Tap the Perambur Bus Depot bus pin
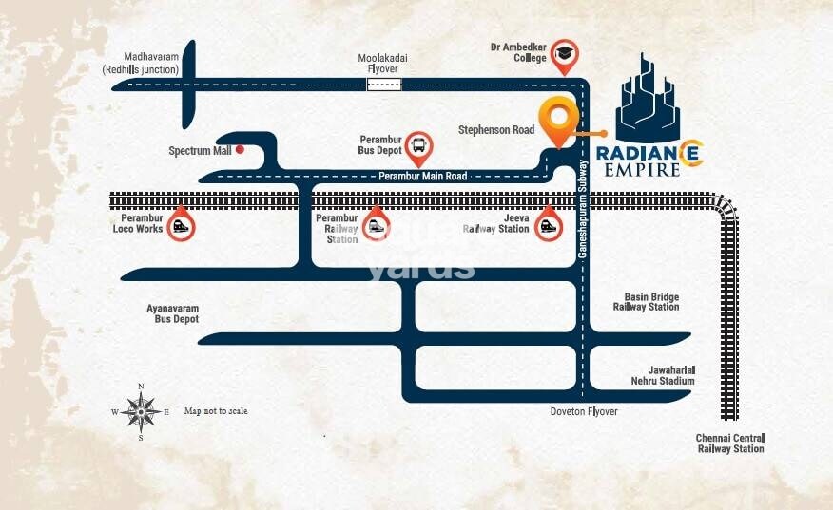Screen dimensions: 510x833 click(418, 146)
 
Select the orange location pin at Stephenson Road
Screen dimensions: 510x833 click(558, 120)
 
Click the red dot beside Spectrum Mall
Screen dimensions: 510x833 click(241, 149)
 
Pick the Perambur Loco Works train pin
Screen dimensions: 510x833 click(181, 227)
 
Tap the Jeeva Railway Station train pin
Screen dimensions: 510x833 click(547, 227)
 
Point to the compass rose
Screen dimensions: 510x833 click(141, 411)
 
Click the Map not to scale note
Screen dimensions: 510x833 click(216, 410)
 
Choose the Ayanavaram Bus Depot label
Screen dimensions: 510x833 click(172, 314)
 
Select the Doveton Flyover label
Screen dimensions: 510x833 click(584, 411)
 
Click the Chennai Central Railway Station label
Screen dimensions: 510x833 click(729, 443)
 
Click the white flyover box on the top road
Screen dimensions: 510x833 click(383, 85)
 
